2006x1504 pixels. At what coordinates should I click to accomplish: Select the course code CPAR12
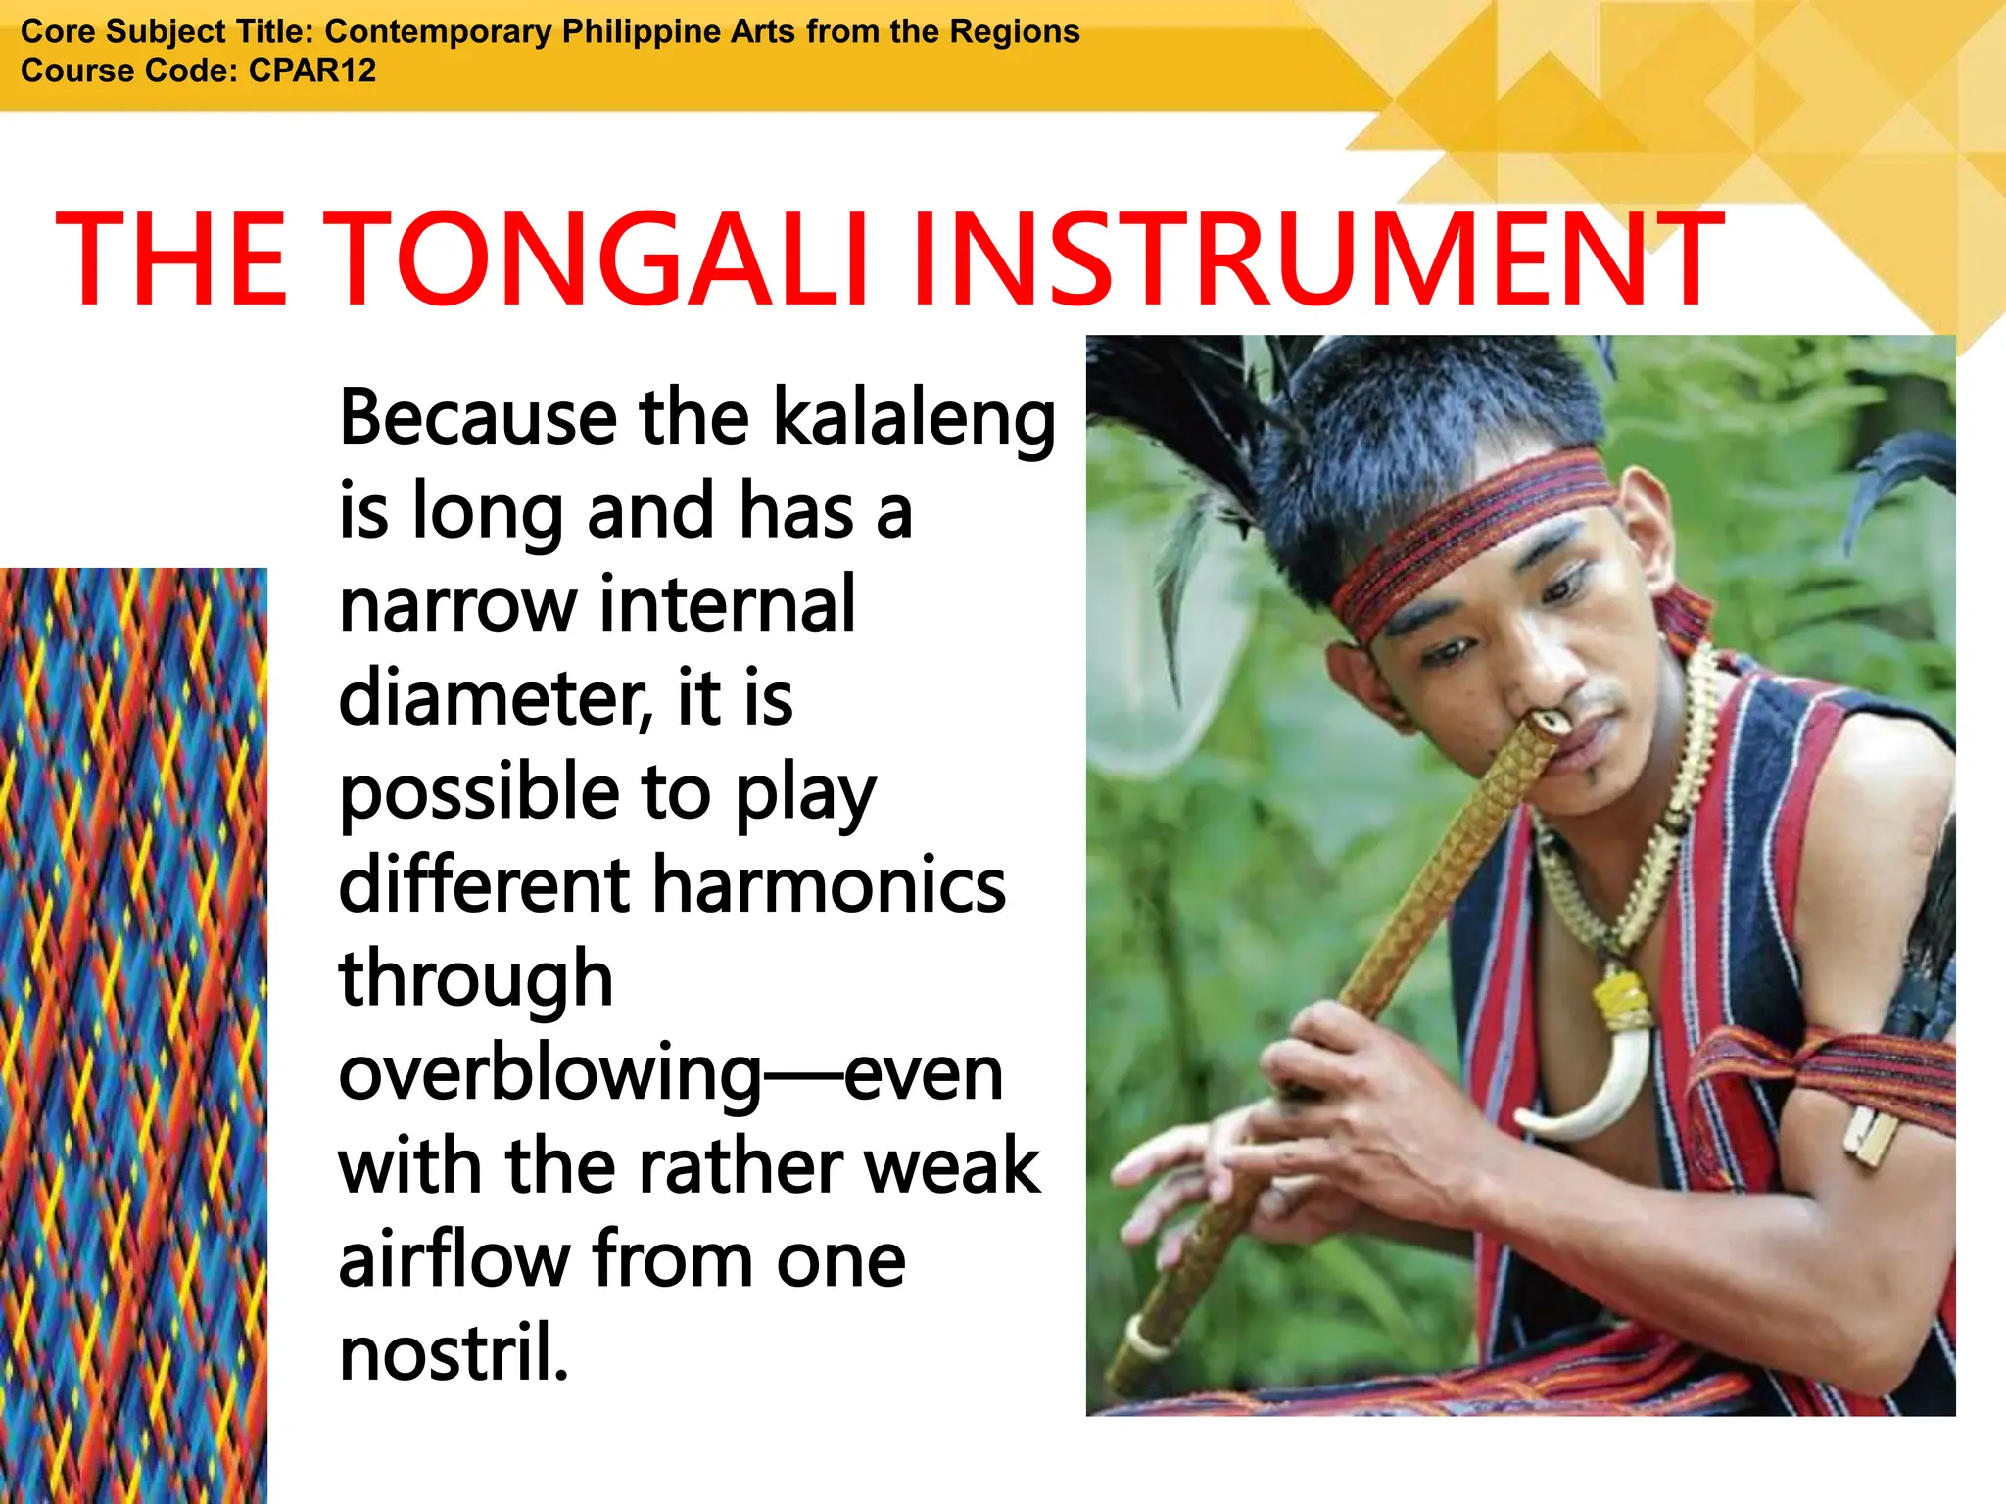[312, 70]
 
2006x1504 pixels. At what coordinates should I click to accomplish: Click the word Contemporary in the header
[439, 31]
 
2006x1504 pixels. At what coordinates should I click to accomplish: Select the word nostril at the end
[453, 1353]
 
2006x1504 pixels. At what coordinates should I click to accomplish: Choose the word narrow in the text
[457, 605]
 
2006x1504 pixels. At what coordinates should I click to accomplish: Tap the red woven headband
[1469, 534]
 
